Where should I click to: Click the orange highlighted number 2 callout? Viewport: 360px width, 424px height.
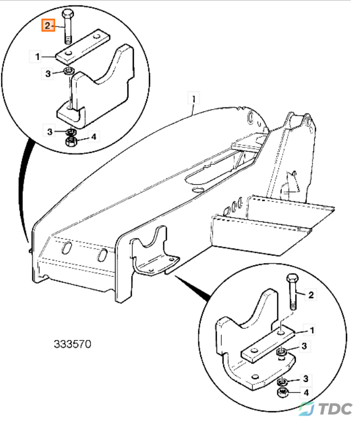coord(48,25)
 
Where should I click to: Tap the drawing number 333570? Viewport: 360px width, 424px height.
coord(72,344)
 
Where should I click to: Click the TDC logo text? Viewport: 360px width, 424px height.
coord(336,408)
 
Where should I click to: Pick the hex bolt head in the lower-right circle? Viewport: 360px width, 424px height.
coord(292,279)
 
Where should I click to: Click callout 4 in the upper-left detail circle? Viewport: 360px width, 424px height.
coord(93,137)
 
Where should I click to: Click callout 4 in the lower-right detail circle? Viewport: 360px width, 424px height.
coord(306,392)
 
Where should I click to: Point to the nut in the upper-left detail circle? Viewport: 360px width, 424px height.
coord(71,141)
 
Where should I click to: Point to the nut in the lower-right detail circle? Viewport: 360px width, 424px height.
coord(283,392)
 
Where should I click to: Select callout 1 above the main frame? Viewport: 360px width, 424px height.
coord(194,99)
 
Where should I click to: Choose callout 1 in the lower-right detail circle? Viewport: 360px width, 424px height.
coord(311,331)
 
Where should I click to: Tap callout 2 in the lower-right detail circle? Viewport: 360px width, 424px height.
coord(311,295)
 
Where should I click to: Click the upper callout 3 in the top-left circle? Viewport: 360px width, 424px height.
coord(48,73)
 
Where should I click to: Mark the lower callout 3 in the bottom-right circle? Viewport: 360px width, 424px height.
coord(305,379)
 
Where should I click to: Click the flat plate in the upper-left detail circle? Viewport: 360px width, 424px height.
coord(83,46)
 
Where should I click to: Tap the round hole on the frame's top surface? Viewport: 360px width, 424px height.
coord(199,190)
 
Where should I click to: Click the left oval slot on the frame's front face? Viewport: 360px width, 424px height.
coord(66,248)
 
